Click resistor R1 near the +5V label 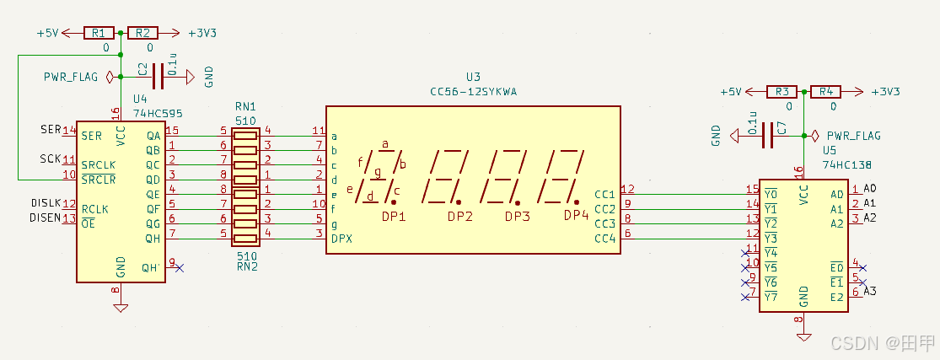99,33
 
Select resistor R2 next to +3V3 142,33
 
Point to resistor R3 782,91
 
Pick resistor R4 826,91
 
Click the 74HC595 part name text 158,112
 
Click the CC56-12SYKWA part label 474,91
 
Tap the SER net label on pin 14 50,130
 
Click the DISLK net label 46,203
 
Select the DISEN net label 46,218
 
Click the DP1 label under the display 394,217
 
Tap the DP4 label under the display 577,216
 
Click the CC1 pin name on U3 604,194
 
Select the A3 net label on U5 871,291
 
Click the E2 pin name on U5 836,297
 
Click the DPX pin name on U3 342,239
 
